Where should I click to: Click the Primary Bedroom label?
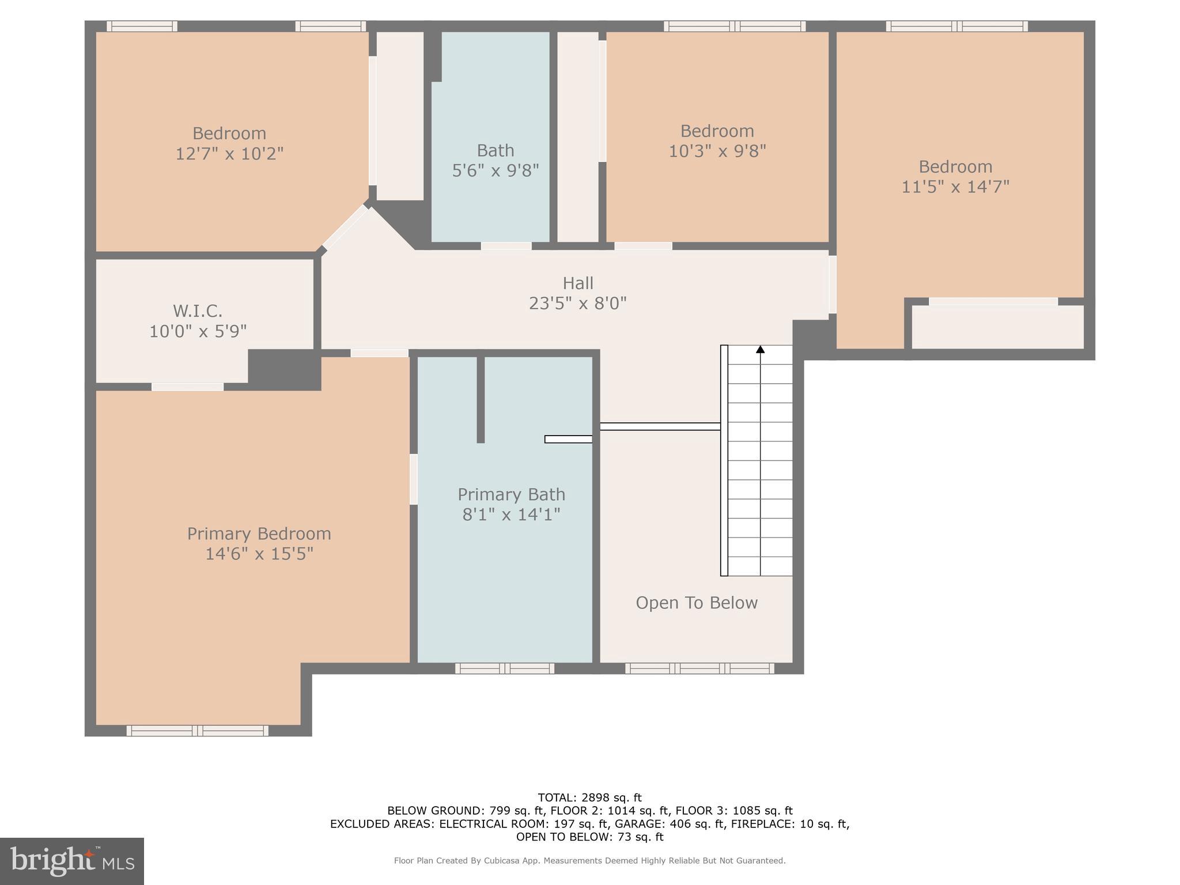(259, 534)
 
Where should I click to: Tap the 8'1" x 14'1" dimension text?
(511, 514)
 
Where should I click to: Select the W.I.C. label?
(198, 311)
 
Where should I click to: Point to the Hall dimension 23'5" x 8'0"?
(577, 303)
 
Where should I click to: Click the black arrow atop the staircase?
(760, 349)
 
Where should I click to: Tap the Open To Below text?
(696, 603)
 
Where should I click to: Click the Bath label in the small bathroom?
(495, 150)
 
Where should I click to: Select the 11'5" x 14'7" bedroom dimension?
(955, 187)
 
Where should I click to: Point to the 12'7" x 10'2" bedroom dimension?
(229, 154)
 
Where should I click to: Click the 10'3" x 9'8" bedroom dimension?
(717, 151)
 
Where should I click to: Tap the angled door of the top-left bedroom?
(345, 228)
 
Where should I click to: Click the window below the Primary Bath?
(505, 668)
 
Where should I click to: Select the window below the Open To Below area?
(699, 668)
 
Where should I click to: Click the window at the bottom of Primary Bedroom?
(197, 731)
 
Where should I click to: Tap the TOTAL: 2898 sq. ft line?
(589, 797)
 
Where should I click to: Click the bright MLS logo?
(71, 861)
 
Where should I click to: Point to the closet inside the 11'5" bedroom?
(997, 327)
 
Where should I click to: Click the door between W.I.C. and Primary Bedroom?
(187, 387)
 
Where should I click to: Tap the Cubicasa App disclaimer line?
(589, 861)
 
